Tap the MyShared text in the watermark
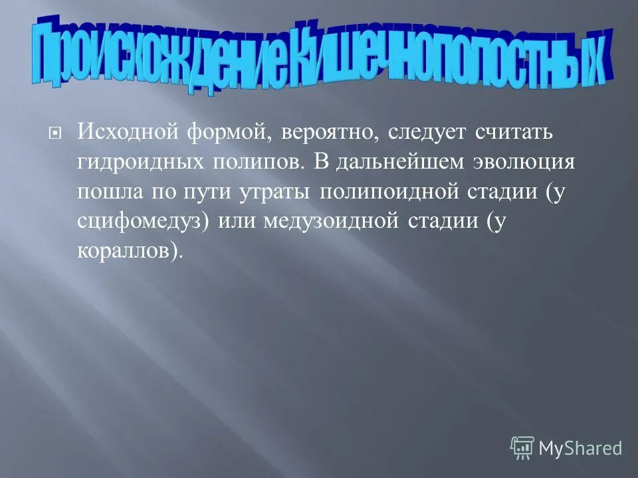(580, 448)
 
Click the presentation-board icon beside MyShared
(522, 448)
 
